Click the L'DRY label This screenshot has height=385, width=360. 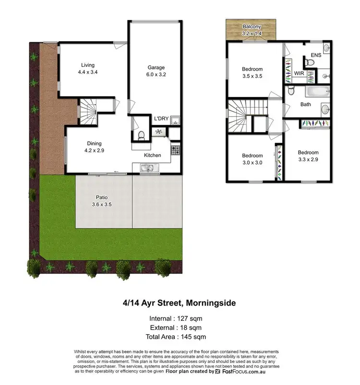pos(160,119)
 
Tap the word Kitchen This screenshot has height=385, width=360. pos(153,155)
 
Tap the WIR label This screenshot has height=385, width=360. pos(299,74)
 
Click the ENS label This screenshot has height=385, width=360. pos(316,56)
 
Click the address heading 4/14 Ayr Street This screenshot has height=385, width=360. pos(180,303)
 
